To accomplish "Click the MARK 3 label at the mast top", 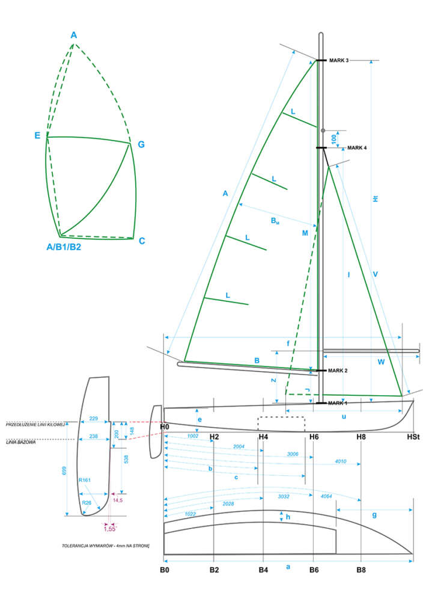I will [x=339, y=61].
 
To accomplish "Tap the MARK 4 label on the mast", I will [x=356, y=147].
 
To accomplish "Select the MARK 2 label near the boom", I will [x=338, y=371].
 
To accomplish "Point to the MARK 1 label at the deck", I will [x=338, y=402].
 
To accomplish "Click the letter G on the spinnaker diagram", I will [x=141, y=144].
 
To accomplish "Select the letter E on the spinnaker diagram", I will [x=37, y=137].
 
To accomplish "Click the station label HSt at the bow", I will [x=413, y=436].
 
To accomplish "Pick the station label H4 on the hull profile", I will [x=263, y=436].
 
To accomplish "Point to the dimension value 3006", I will [x=293, y=454].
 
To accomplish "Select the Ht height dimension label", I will [x=376, y=199].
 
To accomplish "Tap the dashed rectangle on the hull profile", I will [x=281, y=423].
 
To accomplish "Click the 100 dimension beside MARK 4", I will [x=333, y=138].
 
